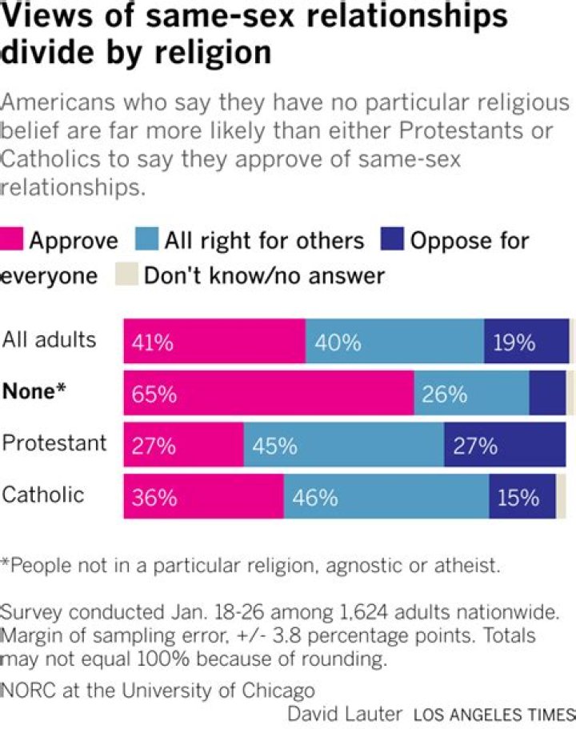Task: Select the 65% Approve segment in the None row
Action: (x=269, y=393)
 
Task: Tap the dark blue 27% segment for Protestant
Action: (x=505, y=446)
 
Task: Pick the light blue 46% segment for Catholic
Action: (x=386, y=498)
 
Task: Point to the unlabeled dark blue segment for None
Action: (x=547, y=393)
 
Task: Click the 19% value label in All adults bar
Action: (x=514, y=343)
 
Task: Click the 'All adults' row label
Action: (x=50, y=339)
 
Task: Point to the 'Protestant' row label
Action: (x=54, y=443)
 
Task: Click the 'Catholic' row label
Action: (x=43, y=495)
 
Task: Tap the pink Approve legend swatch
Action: (x=14, y=240)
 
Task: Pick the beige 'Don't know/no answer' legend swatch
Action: (x=127, y=275)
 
